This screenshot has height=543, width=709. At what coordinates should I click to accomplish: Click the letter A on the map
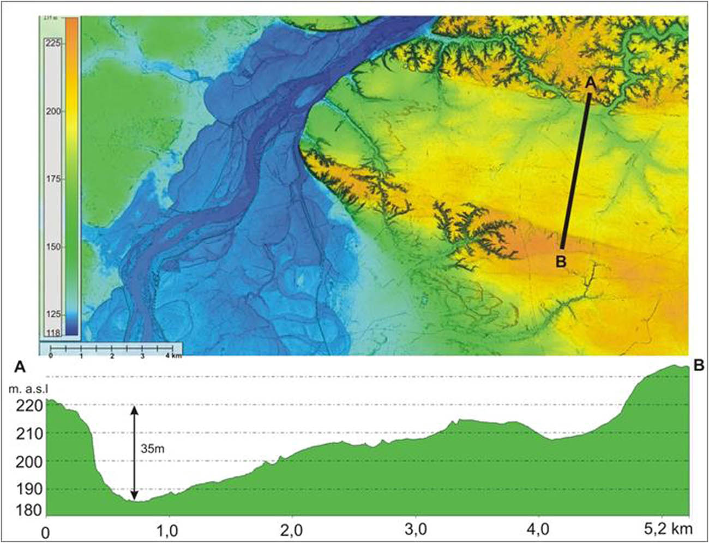589,82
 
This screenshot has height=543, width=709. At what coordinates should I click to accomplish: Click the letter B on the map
561,261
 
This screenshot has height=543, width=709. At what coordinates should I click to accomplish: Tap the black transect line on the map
575,169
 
